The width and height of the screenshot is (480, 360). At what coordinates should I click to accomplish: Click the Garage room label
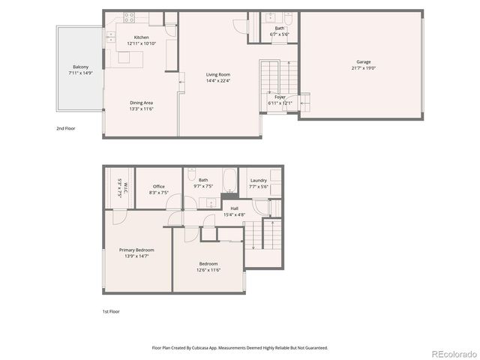(363, 62)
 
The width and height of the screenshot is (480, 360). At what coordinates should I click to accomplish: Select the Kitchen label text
(141, 37)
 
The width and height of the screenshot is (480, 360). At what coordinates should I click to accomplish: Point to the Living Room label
(218, 73)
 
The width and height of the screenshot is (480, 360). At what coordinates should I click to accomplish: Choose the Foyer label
(279, 97)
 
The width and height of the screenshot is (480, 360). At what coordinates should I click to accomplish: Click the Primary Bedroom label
(136, 250)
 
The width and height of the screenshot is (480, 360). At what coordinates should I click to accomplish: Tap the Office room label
(159, 187)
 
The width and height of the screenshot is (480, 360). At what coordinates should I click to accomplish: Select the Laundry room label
(258, 180)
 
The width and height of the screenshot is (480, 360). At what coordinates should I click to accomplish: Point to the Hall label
(234, 209)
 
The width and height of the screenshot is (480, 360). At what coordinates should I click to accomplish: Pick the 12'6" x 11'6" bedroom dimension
(208, 269)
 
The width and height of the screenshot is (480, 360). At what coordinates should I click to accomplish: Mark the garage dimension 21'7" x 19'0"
(363, 68)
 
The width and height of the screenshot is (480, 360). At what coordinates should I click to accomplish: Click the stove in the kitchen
(127, 16)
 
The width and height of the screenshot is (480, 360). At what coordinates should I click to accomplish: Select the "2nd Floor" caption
(65, 128)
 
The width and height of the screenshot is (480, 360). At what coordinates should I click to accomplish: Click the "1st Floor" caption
(111, 311)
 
